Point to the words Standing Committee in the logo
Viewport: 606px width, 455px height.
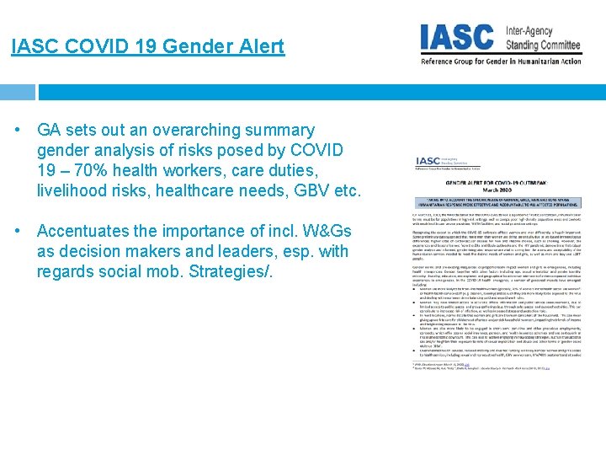click(x=543, y=45)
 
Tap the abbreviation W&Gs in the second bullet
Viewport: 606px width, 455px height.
click(x=309, y=232)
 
